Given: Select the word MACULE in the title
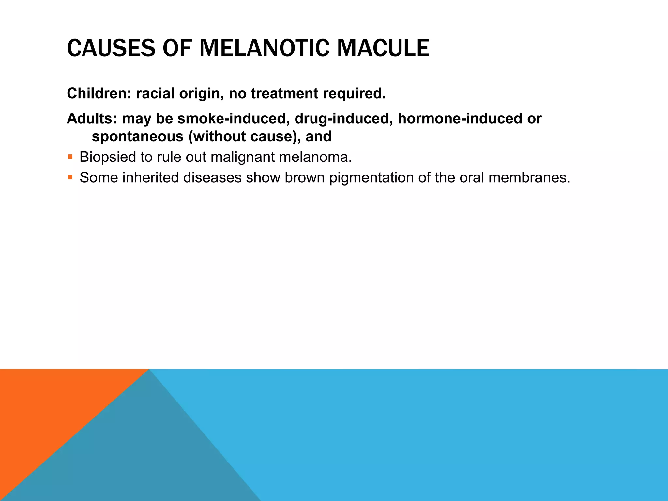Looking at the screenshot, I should click(383, 48).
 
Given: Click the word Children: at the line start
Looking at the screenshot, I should click(99, 94).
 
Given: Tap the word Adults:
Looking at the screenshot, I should click(92, 119).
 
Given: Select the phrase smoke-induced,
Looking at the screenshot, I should click(234, 119).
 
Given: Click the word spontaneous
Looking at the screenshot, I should click(137, 136).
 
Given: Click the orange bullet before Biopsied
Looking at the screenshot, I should click(70, 157).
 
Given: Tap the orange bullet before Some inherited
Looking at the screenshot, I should click(70, 177).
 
